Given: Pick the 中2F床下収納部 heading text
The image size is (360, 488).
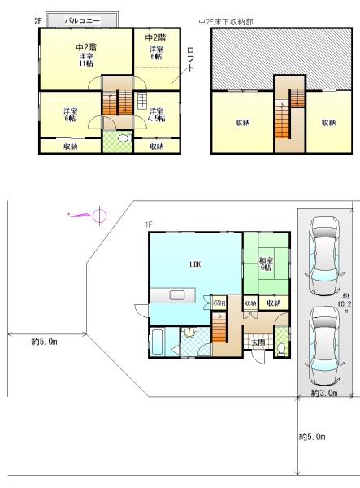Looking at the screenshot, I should coord(225,22).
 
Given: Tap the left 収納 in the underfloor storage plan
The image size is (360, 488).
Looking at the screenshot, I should coord(242,123).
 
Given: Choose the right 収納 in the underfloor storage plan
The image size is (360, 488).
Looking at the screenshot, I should coord(327,123).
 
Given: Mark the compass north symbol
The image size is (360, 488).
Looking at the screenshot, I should coord(99,216).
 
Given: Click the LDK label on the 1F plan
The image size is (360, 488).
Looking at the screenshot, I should coord(194,264).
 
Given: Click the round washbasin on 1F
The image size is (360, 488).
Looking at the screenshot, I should coord(189,332).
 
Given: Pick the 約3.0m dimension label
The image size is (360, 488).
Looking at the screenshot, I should coord(324,394).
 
